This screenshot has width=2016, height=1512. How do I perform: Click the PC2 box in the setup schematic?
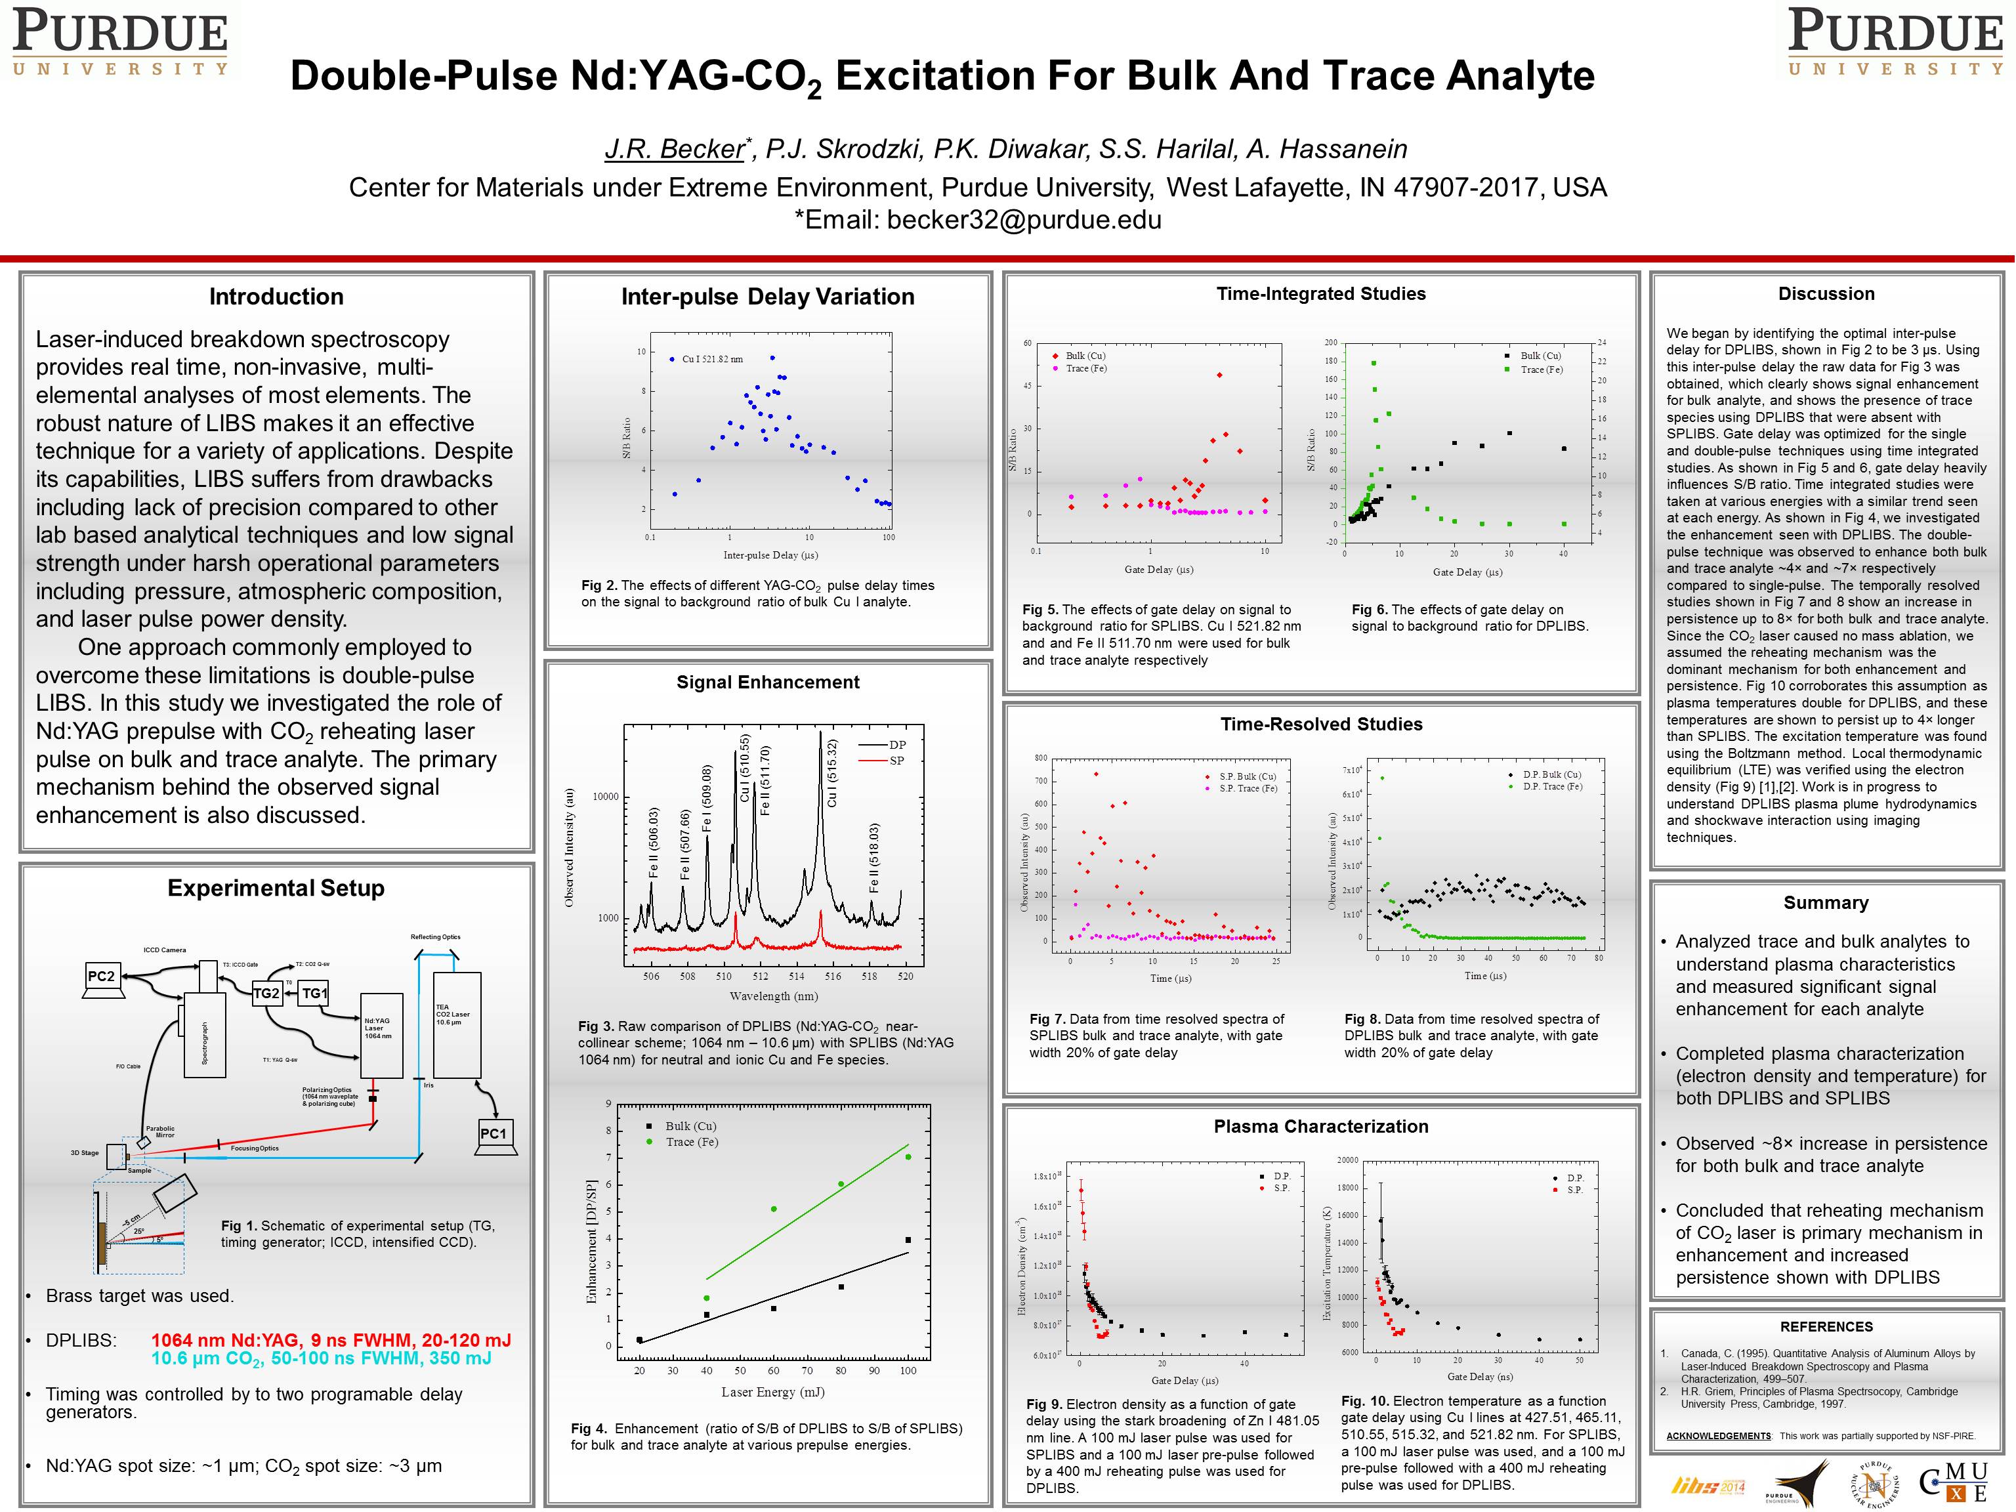101,976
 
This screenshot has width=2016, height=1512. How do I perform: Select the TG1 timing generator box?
314,994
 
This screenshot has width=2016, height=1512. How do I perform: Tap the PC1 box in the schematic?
493,1134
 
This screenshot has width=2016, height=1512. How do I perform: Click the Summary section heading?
1826,902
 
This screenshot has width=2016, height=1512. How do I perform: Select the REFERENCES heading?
1826,1326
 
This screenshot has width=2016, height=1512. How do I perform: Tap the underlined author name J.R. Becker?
675,148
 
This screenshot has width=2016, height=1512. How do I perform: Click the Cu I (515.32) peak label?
831,773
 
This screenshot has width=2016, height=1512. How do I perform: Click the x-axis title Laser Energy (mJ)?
773,1392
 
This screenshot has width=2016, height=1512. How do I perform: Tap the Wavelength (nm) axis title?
773,996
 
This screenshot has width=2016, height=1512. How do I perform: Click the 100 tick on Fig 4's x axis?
908,1371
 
